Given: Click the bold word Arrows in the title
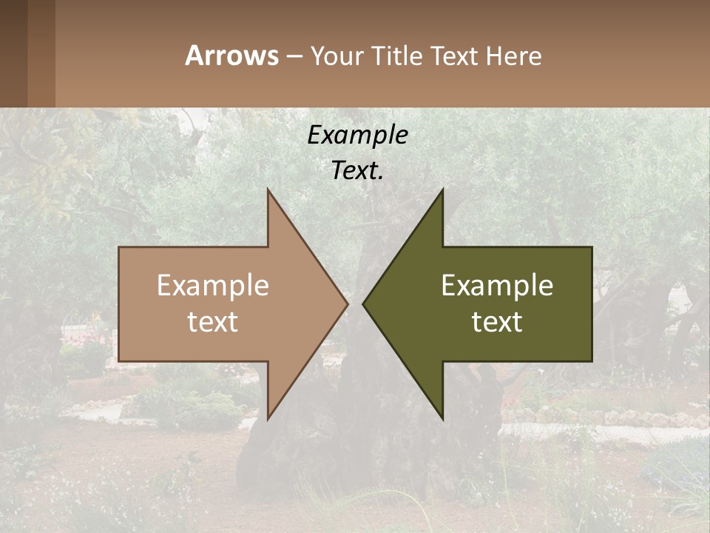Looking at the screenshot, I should tap(231, 56).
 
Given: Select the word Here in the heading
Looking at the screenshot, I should tap(514, 56).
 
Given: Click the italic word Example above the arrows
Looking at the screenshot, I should tap(357, 135).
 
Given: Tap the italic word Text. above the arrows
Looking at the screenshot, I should tap(357, 171).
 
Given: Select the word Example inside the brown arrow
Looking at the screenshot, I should tap(213, 285).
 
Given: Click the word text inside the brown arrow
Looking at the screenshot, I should tap(213, 321).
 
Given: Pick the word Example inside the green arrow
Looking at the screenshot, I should tap(497, 285).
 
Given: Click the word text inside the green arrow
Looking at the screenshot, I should tap(497, 321).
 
